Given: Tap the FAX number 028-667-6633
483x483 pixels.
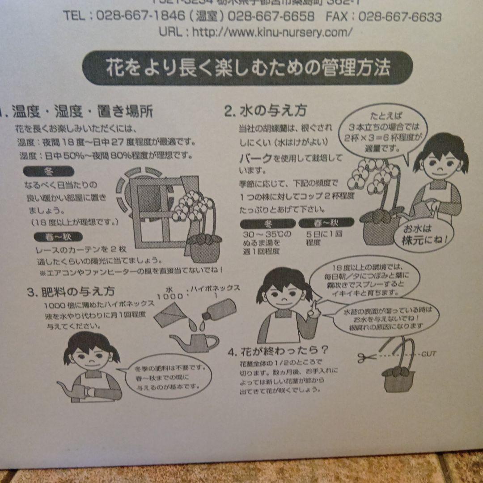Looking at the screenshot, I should (400, 17).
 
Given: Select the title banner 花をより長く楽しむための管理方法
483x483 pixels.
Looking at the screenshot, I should (248, 68).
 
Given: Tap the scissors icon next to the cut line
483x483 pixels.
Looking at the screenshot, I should (367, 357).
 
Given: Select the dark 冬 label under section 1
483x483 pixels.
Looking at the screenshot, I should (48, 171).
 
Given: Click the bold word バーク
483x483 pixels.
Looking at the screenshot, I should (255, 158).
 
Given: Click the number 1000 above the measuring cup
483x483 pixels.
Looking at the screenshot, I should (170, 296).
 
